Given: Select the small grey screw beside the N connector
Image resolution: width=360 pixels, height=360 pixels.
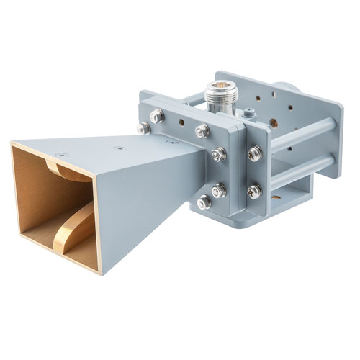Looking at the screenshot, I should click(x=248, y=112).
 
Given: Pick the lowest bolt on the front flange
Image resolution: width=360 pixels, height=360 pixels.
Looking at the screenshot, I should click(x=205, y=202).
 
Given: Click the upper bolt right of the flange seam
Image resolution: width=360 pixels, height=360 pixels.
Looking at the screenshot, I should click(x=254, y=153).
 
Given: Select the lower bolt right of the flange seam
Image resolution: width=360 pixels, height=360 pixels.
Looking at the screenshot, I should click(x=254, y=191).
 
